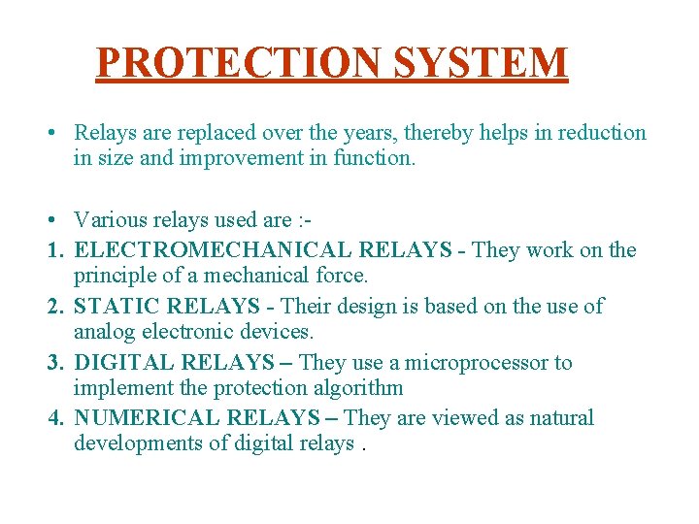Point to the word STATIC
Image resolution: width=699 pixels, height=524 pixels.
pyautogui.click(x=116, y=307)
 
